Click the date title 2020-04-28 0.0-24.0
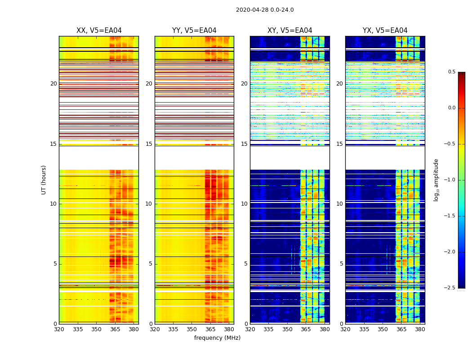point(265,10)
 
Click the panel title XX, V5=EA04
point(99,31)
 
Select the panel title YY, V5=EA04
point(194,31)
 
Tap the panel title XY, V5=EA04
point(290,31)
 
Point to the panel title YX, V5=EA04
point(385,31)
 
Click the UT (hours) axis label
point(44,180)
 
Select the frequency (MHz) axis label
point(217,338)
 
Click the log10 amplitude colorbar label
point(436,180)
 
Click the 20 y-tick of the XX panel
point(53,84)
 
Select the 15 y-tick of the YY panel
point(149,144)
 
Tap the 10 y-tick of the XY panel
point(244,204)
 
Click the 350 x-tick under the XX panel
point(96,330)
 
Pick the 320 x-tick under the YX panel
point(345,330)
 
